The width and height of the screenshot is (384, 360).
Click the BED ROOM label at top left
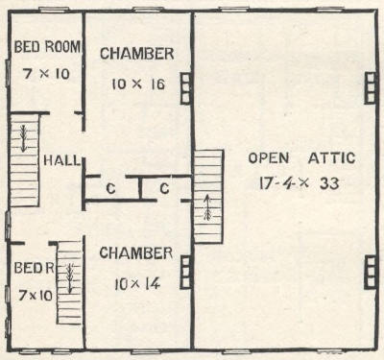click(x=47, y=47)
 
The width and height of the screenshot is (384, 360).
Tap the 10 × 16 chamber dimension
click(x=138, y=84)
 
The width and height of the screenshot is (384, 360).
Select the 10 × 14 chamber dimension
click(x=137, y=284)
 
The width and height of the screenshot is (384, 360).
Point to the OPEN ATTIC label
click(x=301, y=158)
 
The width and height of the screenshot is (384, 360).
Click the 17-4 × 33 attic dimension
click(x=299, y=183)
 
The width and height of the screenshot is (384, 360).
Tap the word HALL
click(x=61, y=160)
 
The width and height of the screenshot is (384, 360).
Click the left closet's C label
click(x=110, y=188)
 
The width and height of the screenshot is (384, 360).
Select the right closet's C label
click(x=164, y=188)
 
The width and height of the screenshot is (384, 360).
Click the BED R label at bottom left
click(x=35, y=268)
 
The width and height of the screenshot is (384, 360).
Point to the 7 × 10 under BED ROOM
click(x=46, y=74)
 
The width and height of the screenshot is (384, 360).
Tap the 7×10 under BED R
click(x=36, y=296)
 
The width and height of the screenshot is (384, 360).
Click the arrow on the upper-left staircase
click(x=23, y=138)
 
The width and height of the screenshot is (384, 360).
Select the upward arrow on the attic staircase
click(x=208, y=208)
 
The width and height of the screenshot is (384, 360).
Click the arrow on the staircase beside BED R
click(x=69, y=277)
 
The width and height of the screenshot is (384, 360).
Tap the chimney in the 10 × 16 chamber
click(x=186, y=88)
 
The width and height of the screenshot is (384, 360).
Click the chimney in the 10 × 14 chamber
click(x=186, y=273)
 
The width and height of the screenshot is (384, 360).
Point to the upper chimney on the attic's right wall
click(x=371, y=88)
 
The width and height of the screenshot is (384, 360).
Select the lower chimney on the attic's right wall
click(x=371, y=273)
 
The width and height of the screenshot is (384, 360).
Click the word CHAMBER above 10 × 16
click(x=137, y=54)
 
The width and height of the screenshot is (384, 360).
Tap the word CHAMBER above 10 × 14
click(x=136, y=253)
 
